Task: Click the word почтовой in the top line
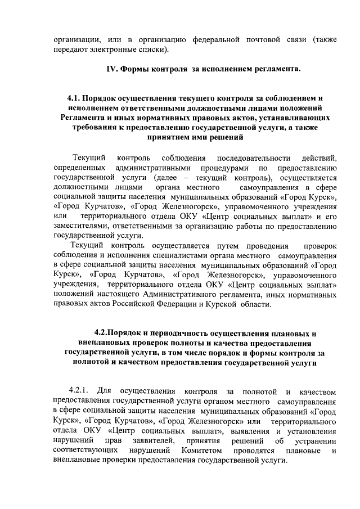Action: (262, 39)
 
